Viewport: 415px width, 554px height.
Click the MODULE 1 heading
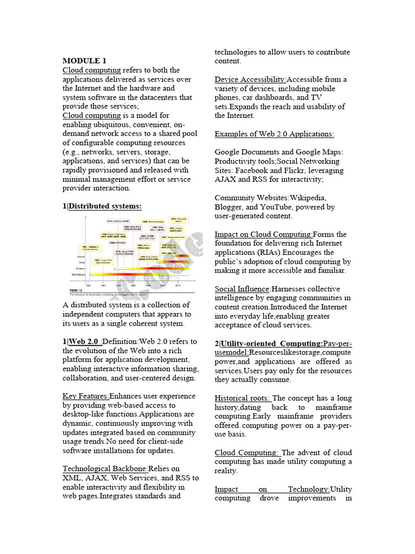pos(84,61)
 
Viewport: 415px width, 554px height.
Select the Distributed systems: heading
pos(105,206)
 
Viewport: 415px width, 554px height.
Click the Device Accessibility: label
pos(250,80)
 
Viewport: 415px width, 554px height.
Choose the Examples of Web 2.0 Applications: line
pos(275,134)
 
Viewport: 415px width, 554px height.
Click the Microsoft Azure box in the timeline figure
pos(179,219)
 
